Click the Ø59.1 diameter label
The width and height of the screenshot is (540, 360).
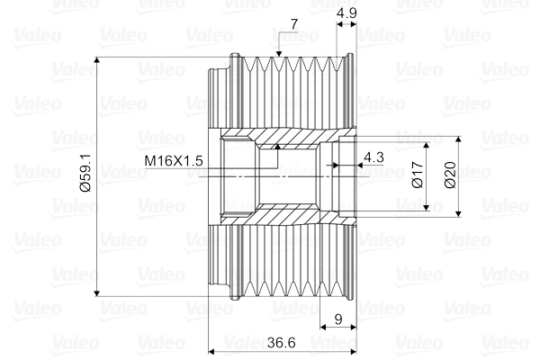(x=85, y=173)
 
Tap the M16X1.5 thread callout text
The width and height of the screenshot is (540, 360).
(x=174, y=160)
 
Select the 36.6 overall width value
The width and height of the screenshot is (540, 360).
(x=282, y=342)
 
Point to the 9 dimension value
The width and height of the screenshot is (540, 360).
(x=338, y=319)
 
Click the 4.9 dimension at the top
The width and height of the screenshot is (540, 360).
(x=346, y=13)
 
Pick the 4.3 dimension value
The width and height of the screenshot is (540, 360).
(x=373, y=157)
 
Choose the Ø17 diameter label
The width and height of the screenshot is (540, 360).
(x=418, y=175)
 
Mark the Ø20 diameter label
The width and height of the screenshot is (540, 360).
(x=450, y=175)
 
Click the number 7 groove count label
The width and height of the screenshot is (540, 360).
(x=293, y=24)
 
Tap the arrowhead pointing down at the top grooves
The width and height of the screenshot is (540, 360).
(x=279, y=53)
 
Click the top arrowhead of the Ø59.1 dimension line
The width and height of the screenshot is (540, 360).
(x=97, y=60)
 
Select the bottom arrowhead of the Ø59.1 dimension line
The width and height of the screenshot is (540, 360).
(x=97, y=292)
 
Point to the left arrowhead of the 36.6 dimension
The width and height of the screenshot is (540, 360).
(x=212, y=352)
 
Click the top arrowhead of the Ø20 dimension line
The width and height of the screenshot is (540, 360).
(x=458, y=139)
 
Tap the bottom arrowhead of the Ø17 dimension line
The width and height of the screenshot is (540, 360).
(x=427, y=207)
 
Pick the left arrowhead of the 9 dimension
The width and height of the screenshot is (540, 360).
(x=323, y=327)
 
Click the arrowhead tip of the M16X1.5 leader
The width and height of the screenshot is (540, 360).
(x=278, y=145)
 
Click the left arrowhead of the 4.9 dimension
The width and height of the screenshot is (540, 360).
(x=339, y=24)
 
